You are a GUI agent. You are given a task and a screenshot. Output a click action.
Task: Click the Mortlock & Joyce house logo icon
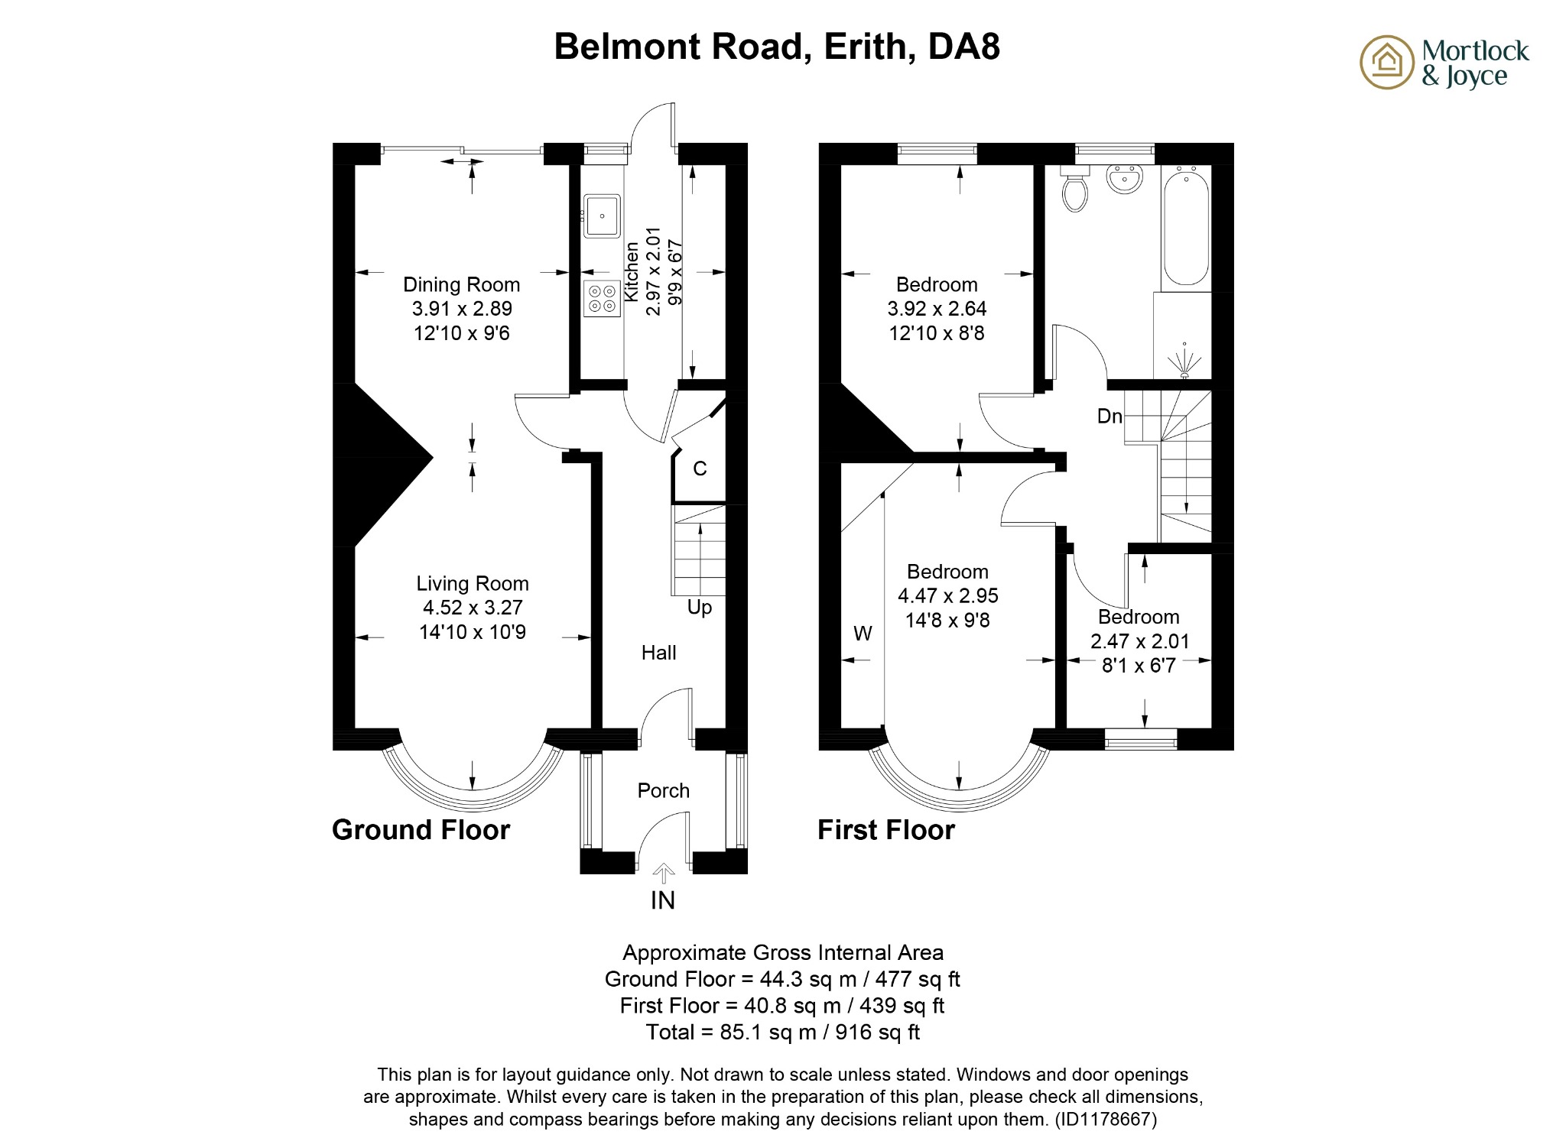coord(1386,62)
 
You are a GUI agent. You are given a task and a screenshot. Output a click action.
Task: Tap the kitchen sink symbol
coord(602,216)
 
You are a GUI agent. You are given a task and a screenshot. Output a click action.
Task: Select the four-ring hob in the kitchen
coord(602,298)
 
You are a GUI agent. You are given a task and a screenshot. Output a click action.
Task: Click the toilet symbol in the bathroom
coord(1075,190)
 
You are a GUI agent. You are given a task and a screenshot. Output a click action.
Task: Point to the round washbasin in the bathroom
coord(1124,179)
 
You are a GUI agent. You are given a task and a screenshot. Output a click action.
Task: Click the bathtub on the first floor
coord(1186,228)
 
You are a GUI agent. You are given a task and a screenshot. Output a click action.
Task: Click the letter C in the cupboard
coord(700,468)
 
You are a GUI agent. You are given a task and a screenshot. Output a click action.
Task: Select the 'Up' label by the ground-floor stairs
coord(699,607)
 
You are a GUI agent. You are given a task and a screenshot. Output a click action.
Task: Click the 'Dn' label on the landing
coord(1110,417)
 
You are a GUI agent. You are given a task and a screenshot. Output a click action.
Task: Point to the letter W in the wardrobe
coord(863,634)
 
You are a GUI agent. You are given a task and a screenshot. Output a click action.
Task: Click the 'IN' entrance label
coord(663,900)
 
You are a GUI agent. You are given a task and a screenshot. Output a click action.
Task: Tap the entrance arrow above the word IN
coord(664,873)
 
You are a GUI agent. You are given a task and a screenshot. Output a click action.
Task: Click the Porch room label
coord(663,790)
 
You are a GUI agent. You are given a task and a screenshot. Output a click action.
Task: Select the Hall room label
coord(658,653)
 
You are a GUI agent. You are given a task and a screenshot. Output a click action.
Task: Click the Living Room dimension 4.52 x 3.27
coord(473,608)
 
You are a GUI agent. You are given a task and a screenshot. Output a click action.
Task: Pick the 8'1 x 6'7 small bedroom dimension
coord(1139,666)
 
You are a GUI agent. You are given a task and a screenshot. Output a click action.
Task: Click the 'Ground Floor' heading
coord(421,830)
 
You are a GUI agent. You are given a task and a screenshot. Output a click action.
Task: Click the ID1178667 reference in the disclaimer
coord(1106,1120)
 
